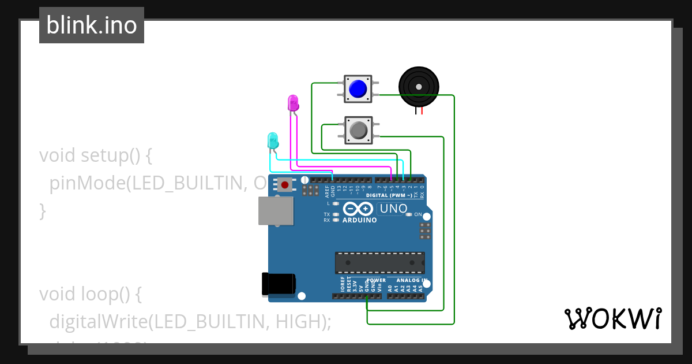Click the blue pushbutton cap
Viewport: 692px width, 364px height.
pyautogui.click(x=358, y=88)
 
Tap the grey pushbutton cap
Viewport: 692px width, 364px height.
pyautogui.click(x=358, y=130)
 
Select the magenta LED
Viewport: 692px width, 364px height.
pyautogui.click(x=293, y=103)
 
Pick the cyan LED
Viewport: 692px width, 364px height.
pyautogui.click(x=272, y=139)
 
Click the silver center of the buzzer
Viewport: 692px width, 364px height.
pyautogui.click(x=418, y=86)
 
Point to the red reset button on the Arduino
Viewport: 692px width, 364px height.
pyautogui.click(x=285, y=185)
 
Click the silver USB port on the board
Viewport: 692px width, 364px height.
pyautogui.click(x=276, y=211)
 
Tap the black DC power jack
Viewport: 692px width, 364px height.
pyautogui.click(x=279, y=284)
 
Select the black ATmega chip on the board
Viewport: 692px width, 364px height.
pyautogui.click(x=380, y=262)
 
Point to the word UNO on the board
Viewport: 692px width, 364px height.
pyautogui.click(x=394, y=209)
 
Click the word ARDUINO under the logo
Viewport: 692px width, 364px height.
pyautogui.click(x=359, y=220)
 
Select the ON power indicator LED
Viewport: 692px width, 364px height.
pyautogui.click(x=409, y=214)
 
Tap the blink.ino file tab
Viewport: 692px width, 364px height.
pyautogui.click(x=92, y=25)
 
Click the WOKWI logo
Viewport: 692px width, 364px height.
pyautogui.click(x=612, y=318)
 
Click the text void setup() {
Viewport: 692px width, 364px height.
pyautogui.click(x=95, y=155)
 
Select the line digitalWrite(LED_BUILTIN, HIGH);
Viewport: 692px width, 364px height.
pyautogui.click(x=190, y=322)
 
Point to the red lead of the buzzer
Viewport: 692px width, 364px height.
pyautogui.click(x=422, y=110)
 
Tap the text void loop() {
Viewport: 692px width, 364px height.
pyautogui.click(x=90, y=294)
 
